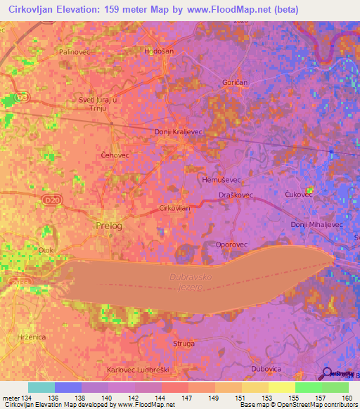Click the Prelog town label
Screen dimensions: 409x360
tap(108, 226)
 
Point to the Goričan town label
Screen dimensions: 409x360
tap(235, 82)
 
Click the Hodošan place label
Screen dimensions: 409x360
tap(157, 51)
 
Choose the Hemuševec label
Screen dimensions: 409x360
tap(219, 180)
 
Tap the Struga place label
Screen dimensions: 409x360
tap(184, 343)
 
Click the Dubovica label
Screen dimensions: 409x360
tap(266, 369)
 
